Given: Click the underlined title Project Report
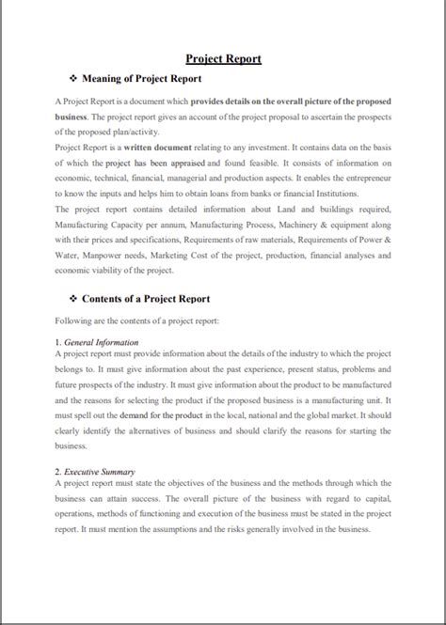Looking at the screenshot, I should click(x=223, y=58).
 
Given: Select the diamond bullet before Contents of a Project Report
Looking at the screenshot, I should click(x=75, y=298).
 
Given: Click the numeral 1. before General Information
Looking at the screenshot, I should click(x=59, y=342).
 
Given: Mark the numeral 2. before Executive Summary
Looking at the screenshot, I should click(x=59, y=471).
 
